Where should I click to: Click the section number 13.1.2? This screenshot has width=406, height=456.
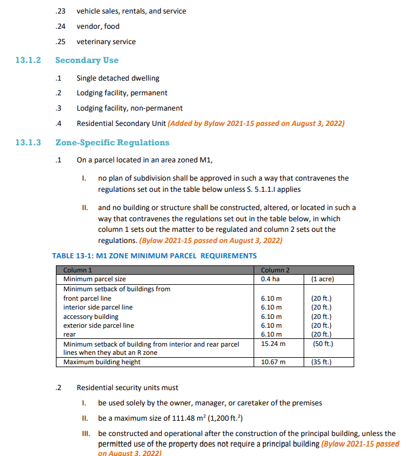pos(28,60)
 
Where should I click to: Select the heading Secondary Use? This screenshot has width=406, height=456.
pos(86,60)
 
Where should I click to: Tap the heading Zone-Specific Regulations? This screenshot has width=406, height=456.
pos(112,142)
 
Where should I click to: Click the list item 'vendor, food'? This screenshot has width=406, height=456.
pos(98,26)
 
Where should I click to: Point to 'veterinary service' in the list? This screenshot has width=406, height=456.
pos(106,42)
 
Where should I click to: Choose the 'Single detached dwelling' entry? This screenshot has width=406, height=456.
pos(118,78)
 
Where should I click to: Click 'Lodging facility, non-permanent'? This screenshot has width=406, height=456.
pos(129,108)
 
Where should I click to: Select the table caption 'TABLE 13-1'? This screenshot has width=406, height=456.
pos(154,255)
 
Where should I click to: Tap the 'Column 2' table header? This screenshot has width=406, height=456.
pos(275,270)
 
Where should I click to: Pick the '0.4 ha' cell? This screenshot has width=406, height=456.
pos(270,278)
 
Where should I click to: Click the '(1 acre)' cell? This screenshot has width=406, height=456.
pos(323,278)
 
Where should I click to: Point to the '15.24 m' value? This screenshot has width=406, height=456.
pos(273,344)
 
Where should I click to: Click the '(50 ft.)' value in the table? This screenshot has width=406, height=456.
pos(322,344)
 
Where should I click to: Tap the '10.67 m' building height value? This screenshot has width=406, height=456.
pos(273,362)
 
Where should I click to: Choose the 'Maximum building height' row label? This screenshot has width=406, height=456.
pos(102,362)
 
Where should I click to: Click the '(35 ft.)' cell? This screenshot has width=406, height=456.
pos(322,362)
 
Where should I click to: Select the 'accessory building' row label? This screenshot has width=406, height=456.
pos(91,317)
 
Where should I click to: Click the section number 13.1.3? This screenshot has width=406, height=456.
pos(28,142)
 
